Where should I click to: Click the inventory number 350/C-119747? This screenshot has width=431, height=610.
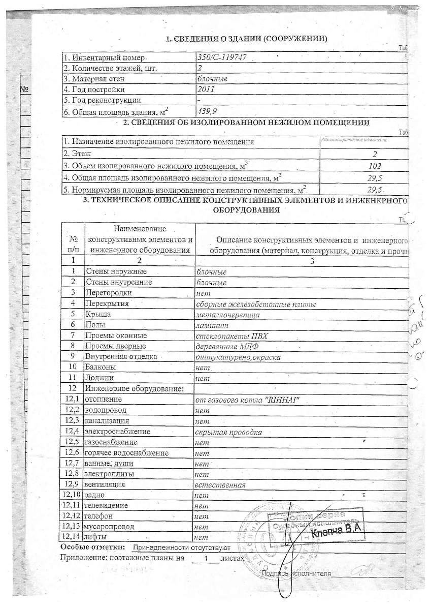[x=222, y=57]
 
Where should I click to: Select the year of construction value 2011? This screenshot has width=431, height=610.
[x=206, y=89]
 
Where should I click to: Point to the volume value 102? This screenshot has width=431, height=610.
[x=375, y=166]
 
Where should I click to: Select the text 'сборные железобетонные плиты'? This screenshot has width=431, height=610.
[x=256, y=304]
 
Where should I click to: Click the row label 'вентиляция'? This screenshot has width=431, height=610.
[x=105, y=484]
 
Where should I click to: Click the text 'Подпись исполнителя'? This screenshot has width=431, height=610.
[x=296, y=573]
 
